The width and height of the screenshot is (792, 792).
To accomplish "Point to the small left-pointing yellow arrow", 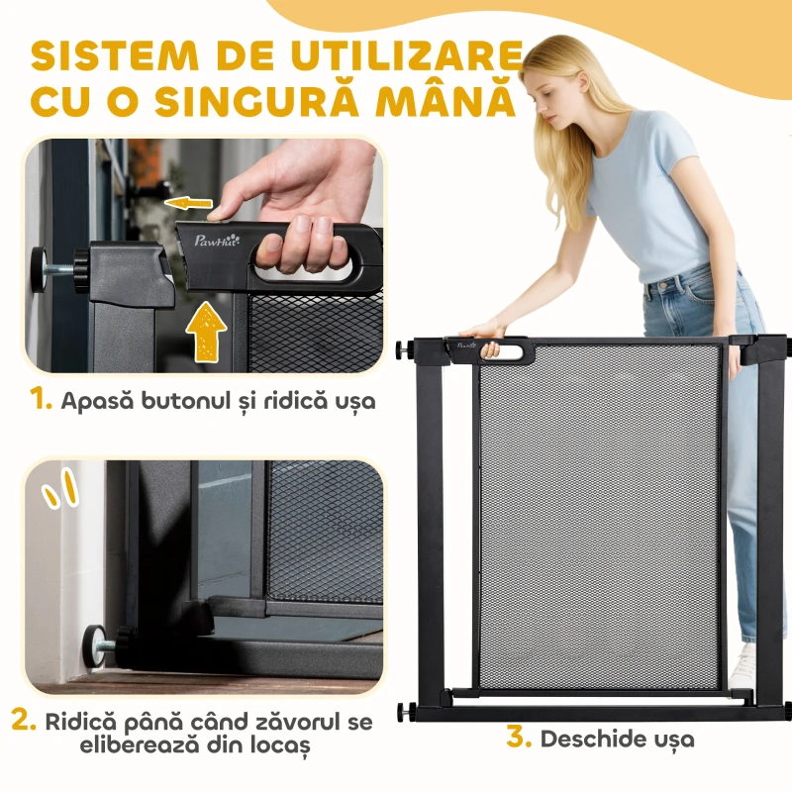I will click(x=188, y=204).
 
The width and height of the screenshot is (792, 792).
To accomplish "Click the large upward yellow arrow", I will click(x=206, y=332).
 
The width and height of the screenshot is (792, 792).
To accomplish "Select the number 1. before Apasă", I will click(x=41, y=400).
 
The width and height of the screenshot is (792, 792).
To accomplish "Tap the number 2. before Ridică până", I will click(x=24, y=720).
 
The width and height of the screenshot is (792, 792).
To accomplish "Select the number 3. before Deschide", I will click(x=520, y=738).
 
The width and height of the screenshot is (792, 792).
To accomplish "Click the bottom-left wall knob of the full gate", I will click(x=403, y=711).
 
